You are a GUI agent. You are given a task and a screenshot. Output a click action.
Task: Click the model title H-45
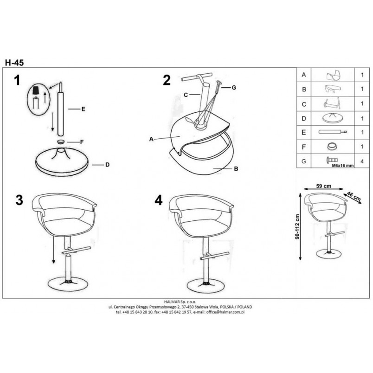pos(14,63)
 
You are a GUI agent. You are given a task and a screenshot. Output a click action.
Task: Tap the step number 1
pos(17,80)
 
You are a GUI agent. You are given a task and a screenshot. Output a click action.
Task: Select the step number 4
pos(158,200)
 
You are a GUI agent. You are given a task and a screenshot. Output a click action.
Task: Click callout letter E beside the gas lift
pos(83,109)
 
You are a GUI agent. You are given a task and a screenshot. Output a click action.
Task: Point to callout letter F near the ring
pos(82,142)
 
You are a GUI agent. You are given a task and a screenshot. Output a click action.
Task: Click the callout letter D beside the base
pos(107,165)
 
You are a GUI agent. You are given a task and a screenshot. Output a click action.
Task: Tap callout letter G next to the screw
pos(234,88)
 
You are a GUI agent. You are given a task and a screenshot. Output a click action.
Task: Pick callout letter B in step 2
pos(236,169)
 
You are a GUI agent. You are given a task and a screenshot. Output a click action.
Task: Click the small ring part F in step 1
pos(61,142)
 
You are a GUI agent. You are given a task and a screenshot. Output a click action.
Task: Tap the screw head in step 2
pos(219,83)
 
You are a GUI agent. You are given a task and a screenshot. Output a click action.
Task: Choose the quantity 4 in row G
pos(362,161)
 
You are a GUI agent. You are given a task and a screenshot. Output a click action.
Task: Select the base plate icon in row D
pos(333,118)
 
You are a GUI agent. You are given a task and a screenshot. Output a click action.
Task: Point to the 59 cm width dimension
pos(323,186)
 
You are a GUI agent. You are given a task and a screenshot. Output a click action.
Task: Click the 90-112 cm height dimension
pos(297,226)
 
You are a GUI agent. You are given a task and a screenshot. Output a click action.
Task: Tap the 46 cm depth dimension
pos(353,196)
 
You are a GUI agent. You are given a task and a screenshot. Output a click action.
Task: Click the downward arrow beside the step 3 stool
pos(54,250)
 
